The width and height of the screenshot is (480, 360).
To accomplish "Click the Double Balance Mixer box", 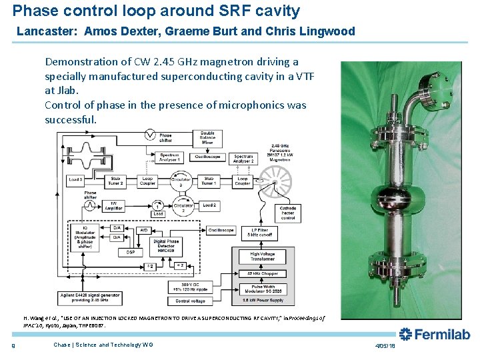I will pyautogui.click(x=207, y=138).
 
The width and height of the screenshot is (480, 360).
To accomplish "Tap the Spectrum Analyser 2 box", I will pyautogui.click(x=243, y=158).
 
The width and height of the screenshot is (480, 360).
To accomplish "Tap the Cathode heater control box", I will pyautogui.click(x=288, y=213).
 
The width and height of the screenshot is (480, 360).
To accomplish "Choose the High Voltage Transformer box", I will pyautogui.click(x=264, y=257).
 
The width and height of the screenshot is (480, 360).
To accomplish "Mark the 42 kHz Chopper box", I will pyautogui.click(x=264, y=274).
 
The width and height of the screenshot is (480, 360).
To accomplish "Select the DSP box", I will pyautogui.click(x=131, y=252).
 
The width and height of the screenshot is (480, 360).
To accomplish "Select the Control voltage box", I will pyautogui.click(x=190, y=301).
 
